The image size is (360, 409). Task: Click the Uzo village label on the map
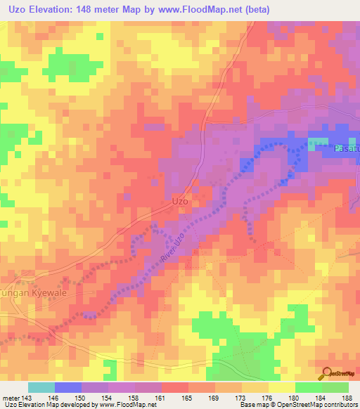coord(180,200)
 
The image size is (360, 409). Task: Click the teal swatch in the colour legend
coord(41,387)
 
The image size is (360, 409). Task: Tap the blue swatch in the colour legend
coord(68,387)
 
